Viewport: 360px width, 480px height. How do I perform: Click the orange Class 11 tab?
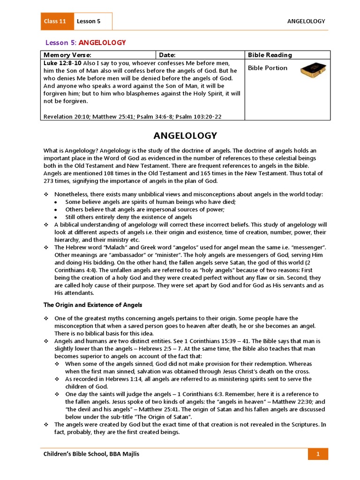[55, 21]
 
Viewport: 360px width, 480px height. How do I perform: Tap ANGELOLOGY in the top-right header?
[306, 21]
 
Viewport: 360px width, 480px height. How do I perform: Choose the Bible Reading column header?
[270, 55]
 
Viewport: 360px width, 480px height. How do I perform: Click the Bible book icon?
[313, 69]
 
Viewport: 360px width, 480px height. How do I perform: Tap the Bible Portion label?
[268, 68]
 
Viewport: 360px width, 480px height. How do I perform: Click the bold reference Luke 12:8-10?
[62, 62]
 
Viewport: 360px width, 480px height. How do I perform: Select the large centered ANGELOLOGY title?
[186, 136]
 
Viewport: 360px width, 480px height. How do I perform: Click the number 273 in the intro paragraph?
[49, 181]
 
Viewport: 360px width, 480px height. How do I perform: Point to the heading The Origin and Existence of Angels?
[93, 305]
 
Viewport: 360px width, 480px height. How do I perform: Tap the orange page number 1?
[318, 454]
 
